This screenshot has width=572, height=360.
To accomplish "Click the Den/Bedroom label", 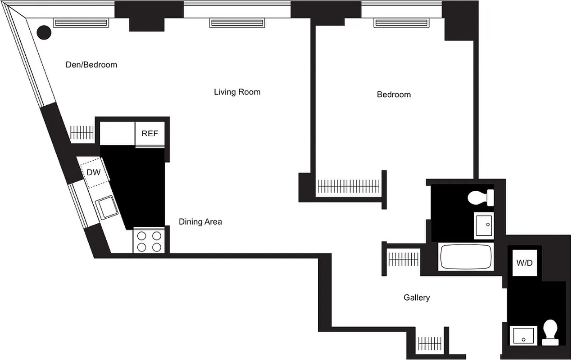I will coord(91,65).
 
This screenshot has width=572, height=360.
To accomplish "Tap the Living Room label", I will coord(237,92).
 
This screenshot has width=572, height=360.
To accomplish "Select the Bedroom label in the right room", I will coord(394,94).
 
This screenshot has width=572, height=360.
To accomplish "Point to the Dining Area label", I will coord(200,222).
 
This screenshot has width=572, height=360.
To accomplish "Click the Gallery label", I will coord(416,297).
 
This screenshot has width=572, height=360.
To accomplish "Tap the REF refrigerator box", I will coord(150,134).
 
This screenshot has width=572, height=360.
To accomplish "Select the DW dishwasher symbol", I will coord(94,172).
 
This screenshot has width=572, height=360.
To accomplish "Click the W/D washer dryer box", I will coord(525,262).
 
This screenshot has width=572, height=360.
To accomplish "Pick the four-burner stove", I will coord(149,241).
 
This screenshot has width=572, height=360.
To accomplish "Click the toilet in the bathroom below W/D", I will coord(550,332).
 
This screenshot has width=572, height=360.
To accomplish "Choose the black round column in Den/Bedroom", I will coord(44,32).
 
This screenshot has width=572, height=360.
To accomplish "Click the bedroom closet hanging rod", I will coord(348,186).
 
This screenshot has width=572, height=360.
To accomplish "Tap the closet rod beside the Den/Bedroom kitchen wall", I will coord(82,132).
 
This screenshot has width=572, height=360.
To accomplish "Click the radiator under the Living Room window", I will coord(236,23).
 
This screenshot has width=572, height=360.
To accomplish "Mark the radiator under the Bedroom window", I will coord(400,23).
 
